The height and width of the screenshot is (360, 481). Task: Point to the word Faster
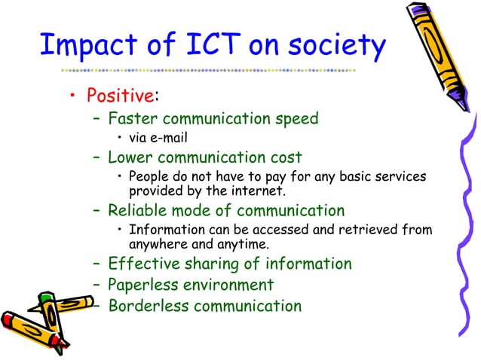pyautogui.click(x=133, y=118)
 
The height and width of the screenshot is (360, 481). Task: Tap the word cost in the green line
pyautogui.click(x=286, y=157)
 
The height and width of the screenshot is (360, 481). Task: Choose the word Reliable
pyautogui.click(x=139, y=211)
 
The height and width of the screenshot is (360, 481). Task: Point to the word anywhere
pyautogui.click(x=159, y=244)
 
